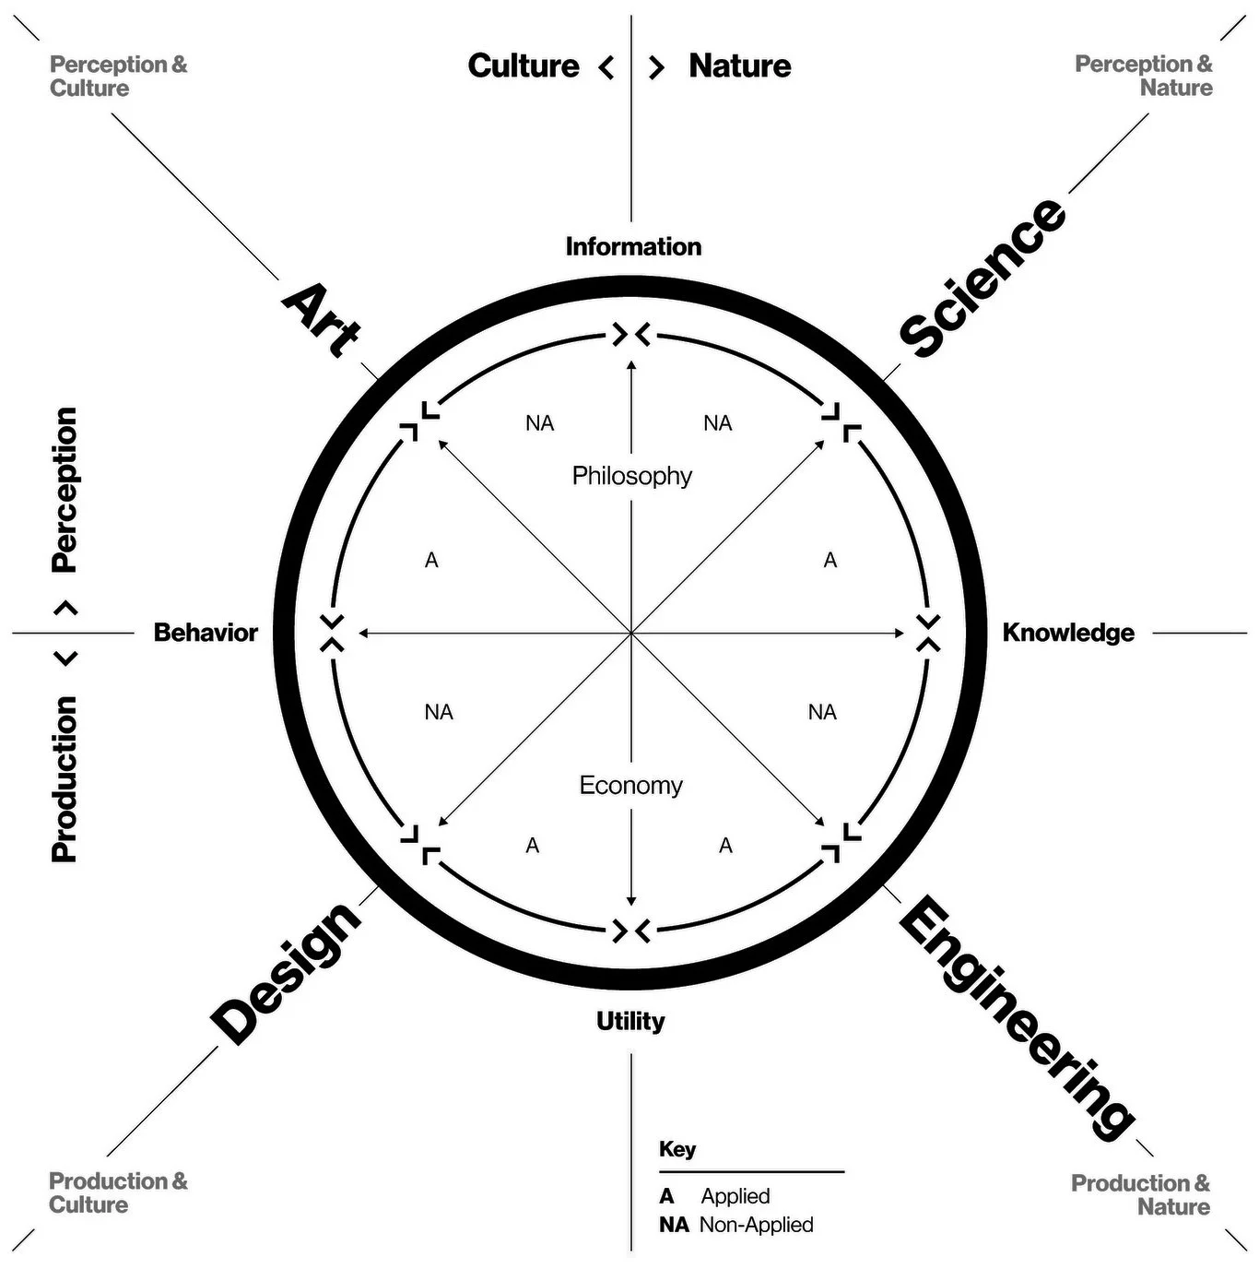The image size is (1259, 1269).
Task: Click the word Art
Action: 321,321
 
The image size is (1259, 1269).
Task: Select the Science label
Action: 982,278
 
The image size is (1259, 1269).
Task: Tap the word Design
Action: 286,974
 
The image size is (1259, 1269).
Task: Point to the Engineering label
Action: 1017,1019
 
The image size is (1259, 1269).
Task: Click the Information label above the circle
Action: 633,247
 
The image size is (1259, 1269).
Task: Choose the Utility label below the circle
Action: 630,1022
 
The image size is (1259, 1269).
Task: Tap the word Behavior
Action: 206,633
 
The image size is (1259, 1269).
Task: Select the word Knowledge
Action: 1068,633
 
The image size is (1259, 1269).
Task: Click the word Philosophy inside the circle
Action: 631,476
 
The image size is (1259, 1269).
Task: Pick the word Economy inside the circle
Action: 630,785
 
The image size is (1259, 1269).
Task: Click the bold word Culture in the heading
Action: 524,65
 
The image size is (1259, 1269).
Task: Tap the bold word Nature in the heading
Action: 740,65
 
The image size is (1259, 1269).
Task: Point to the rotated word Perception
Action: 65,490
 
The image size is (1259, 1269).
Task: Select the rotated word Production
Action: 65,779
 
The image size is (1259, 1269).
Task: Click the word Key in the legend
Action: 677,1149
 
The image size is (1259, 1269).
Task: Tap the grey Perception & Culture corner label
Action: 119,77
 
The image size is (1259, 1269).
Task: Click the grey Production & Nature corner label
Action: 1140,1194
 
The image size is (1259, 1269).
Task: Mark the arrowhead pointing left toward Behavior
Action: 362,634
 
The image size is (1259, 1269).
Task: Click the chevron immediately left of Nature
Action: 656,67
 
